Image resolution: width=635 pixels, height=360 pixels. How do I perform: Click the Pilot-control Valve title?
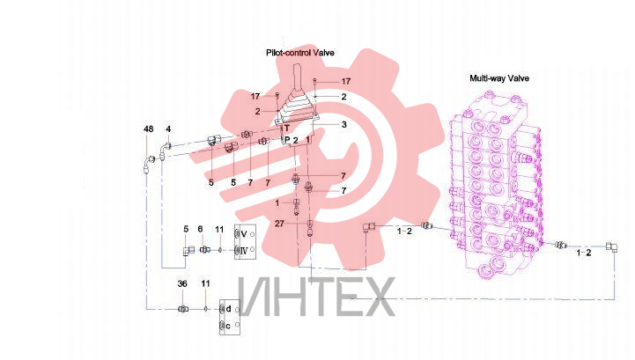point(299,53)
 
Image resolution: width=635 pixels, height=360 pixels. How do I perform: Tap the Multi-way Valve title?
point(498,78)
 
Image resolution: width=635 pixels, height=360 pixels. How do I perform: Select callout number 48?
point(149,129)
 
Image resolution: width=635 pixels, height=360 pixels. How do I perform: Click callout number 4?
point(168,129)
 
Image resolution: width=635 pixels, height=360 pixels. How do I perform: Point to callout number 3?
point(343,124)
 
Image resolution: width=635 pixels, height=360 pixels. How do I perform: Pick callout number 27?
point(279,224)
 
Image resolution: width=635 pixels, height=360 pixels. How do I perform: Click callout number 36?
point(182,283)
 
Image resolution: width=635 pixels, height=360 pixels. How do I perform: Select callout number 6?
point(200,229)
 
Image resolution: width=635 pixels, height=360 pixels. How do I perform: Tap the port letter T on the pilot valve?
point(287,129)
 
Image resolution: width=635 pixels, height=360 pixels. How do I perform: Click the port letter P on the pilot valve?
point(287,140)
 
